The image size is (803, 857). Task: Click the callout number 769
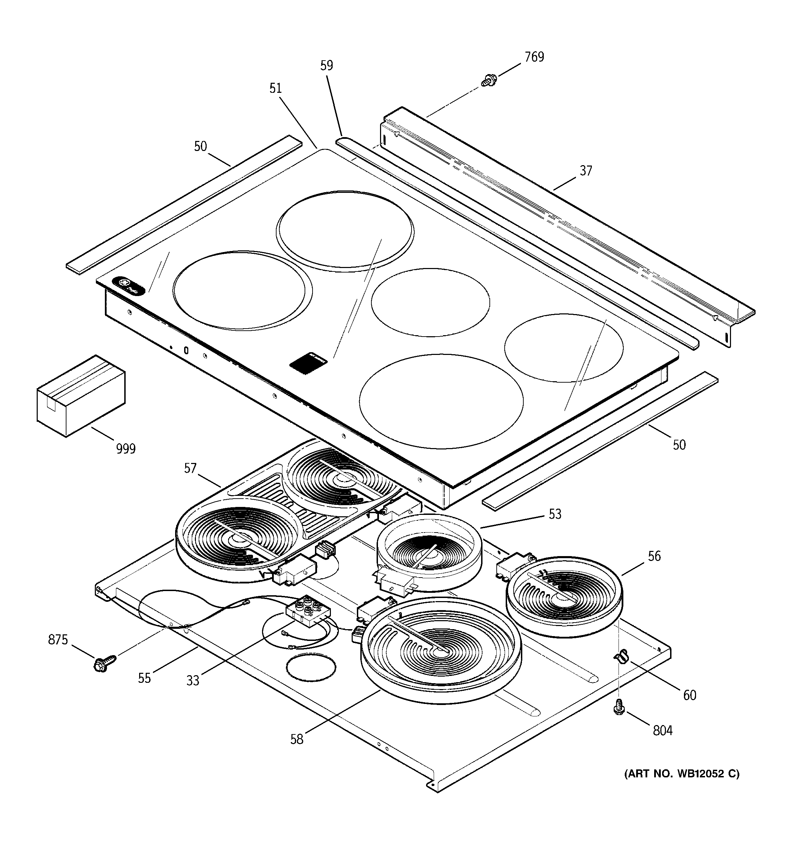coord(534,57)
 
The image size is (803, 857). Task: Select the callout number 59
coord(327,65)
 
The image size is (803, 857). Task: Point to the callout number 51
coord(276,88)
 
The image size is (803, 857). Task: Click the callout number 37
coord(586,171)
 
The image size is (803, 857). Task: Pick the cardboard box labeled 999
coord(81,395)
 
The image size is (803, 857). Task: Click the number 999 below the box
coord(126,449)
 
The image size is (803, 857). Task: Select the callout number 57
coord(190,468)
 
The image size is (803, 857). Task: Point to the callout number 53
coord(555,514)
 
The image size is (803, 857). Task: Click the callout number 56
coord(654,556)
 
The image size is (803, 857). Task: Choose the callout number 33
coord(193,681)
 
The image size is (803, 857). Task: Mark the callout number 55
coord(144,678)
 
